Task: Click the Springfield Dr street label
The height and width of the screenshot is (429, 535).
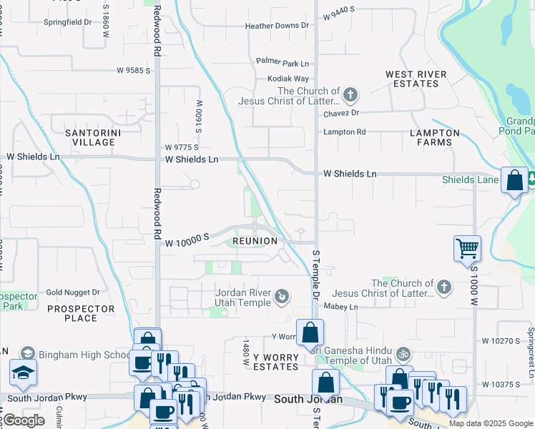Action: coord(68,22)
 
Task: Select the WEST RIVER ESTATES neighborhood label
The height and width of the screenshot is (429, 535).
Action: coord(416,79)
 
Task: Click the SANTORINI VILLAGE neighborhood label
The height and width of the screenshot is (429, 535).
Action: coord(90,137)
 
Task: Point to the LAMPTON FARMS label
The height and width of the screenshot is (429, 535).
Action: coord(435,137)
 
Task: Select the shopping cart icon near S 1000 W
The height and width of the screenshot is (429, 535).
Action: coord(467,249)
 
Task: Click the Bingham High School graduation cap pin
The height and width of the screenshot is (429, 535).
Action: coord(23,373)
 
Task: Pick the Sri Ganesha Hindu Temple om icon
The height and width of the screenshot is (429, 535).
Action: coord(403,354)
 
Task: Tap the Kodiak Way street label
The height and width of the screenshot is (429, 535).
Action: coord(288,79)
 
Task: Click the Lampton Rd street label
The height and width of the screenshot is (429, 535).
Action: coord(344,132)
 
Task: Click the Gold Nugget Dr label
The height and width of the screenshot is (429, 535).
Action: coord(72,292)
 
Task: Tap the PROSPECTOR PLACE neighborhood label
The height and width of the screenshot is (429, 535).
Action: coord(80,314)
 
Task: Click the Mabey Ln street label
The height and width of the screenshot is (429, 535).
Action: coord(340,307)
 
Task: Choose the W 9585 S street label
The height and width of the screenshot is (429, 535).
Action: coord(134,71)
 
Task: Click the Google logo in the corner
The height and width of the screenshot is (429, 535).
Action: coord(24,420)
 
